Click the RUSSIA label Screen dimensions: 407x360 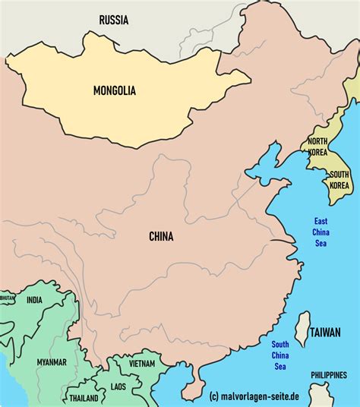[114, 19]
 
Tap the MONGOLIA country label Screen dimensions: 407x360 [115, 90]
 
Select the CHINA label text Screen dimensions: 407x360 [161, 237]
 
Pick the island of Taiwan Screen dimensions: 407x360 [302, 329]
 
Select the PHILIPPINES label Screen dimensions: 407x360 [328, 375]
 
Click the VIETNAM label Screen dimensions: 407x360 [143, 364]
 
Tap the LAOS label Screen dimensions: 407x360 [118, 386]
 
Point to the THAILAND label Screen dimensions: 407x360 [84, 398]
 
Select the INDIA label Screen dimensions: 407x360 [35, 300]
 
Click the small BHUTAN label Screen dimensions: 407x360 [7, 298]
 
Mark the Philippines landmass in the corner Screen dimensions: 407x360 [321, 394]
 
